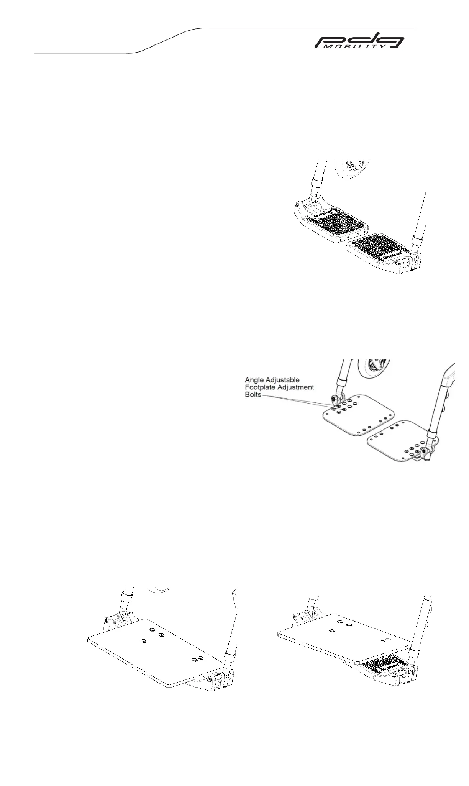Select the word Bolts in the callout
253,395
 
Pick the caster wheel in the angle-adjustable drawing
372,369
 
